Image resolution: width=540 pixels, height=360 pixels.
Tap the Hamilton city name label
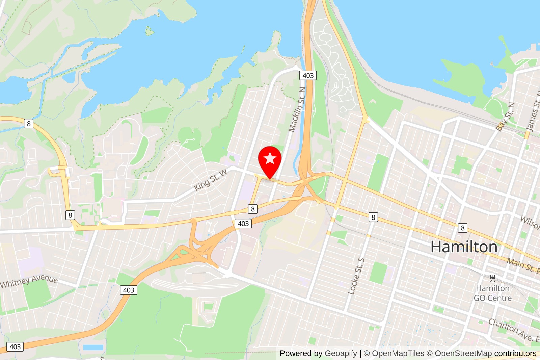[x=464, y=247]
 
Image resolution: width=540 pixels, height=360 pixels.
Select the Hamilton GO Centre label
[x=492, y=293]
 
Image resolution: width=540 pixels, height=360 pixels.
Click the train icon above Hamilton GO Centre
[x=493, y=278]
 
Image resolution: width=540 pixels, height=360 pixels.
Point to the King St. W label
[x=211, y=180]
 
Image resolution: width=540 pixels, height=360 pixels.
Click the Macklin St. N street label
[x=297, y=109]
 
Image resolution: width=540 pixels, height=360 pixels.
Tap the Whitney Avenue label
[x=29, y=281]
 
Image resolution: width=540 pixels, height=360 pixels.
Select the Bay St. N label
[x=506, y=117]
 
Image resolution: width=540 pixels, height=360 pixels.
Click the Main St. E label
[x=523, y=265]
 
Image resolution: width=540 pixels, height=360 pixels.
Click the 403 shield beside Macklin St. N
[x=308, y=75]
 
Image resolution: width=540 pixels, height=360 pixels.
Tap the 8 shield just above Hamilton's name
[x=463, y=228]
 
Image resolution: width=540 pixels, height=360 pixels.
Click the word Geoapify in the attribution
[x=341, y=353]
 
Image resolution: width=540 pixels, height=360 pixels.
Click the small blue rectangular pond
[x=93, y=347]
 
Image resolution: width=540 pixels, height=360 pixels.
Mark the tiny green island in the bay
[x=149, y=31]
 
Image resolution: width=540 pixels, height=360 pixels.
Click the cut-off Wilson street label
[x=531, y=222]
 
